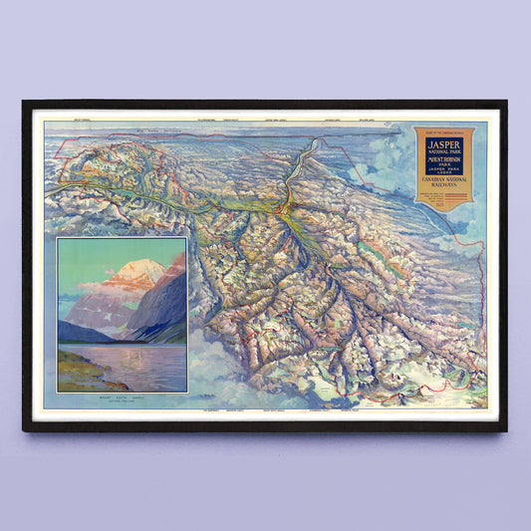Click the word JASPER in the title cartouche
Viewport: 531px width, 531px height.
[x=443, y=143]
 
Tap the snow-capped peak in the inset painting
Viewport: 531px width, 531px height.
[x=146, y=268]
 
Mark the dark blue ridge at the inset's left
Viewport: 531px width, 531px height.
[x=80, y=332]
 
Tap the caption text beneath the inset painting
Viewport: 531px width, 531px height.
[x=122, y=399]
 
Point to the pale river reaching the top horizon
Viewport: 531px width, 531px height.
[x=313, y=149]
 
